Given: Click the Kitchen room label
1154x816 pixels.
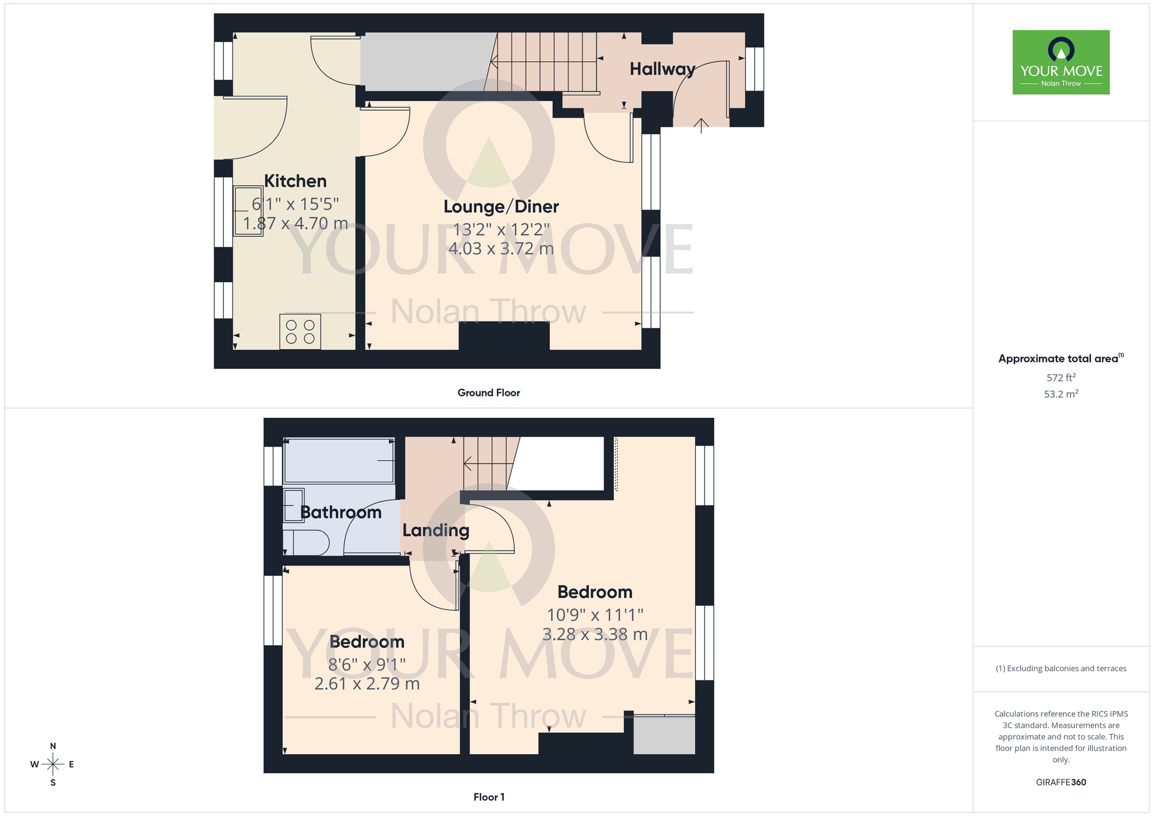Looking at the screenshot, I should pyautogui.click(x=295, y=181).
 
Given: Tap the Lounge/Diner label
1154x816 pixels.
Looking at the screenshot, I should pyautogui.click(x=501, y=207).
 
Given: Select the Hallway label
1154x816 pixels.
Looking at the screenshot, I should pyautogui.click(x=662, y=69).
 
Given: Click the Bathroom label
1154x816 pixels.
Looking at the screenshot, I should pyautogui.click(x=341, y=512).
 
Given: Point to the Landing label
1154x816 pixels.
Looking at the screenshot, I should pyautogui.click(x=436, y=530).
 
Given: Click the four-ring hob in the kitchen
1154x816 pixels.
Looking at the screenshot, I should pyautogui.click(x=300, y=332).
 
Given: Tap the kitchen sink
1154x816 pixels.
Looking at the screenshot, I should pyautogui.click(x=248, y=211).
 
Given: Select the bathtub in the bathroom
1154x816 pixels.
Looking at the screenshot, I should pyautogui.click(x=339, y=461).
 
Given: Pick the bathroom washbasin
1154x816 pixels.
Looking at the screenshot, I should pyautogui.click(x=294, y=506).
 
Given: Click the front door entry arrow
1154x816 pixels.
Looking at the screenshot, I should pyautogui.click(x=701, y=125).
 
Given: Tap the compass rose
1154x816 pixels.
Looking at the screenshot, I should pyautogui.click(x=53, y=765).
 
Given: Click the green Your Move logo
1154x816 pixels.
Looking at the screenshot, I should pyautogui.click(x=1061, y=62).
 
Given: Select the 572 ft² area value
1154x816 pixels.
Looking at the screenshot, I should pyautogui.click(x=1061, y=377).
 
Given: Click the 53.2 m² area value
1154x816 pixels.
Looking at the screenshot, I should pyautogui.click(x=1061, y=394).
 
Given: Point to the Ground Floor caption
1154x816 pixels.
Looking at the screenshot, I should pyautogui.click(x=489, y=393).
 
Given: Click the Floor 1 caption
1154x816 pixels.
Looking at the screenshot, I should pyautogui.click(x=489, y=797).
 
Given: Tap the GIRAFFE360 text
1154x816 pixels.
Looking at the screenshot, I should pyautogui.click(x=1061, y=783).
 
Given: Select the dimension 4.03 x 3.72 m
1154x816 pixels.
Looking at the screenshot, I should pyautogui.click(x=501, y=249).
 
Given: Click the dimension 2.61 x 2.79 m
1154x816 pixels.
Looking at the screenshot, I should pyautogui.click(x=367, y=684).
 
